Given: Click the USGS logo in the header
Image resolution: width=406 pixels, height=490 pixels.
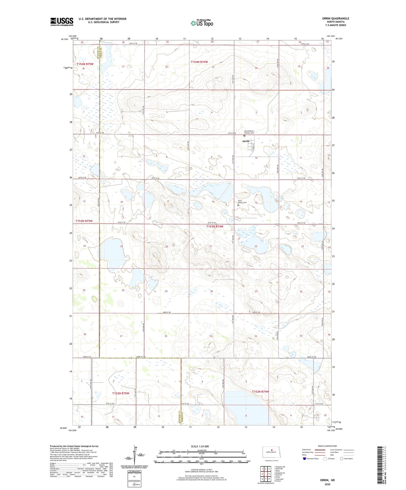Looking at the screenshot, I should coord(62,22).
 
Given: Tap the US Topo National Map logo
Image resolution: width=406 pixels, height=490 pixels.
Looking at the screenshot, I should coord(202,23).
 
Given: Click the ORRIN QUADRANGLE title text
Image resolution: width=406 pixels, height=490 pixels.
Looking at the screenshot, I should coord(335,19).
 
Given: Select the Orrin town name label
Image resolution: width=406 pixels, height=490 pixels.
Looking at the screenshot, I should coord(246,141).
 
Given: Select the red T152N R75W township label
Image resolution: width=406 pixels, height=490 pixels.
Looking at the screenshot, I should coord(121,393).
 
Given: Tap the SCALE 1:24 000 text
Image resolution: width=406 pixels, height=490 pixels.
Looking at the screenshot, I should coord(200,446).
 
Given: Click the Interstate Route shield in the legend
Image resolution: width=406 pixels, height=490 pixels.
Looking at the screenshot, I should coord(305,459).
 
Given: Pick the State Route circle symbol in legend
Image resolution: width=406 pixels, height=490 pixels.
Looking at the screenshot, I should coord(342,459).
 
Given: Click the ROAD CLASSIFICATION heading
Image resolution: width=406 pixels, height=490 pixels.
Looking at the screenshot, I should coord(327,446).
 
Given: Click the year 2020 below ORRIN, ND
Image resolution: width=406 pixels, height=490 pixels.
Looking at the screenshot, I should coord(327,484).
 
